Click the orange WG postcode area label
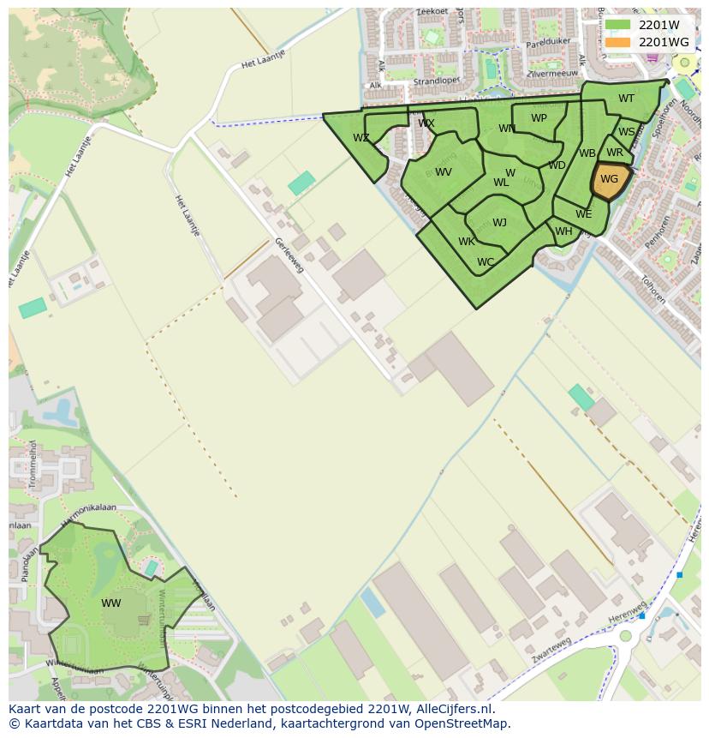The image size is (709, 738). tap(609, 179)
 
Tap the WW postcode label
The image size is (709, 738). tap(111, 603)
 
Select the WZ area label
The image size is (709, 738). tap(361, 138)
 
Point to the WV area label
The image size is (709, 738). tap(444, 172)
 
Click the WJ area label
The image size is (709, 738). tap(499, 223)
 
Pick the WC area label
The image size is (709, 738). tap(486, 262)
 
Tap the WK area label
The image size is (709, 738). tap(466, 242)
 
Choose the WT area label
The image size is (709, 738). tap(626, 99)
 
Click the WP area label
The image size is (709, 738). tap(539, 118)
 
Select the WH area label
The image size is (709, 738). tap(563, 231)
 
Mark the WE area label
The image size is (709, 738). tap(583, 214)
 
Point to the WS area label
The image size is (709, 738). tap(627, 132)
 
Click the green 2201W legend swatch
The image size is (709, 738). tap(617, 25)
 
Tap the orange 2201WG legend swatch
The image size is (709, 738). tap(617, 42)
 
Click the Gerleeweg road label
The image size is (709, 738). tap(289, 255)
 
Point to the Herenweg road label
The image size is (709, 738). tap(628, 609)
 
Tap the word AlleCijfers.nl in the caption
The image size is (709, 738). tap(451, 709)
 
